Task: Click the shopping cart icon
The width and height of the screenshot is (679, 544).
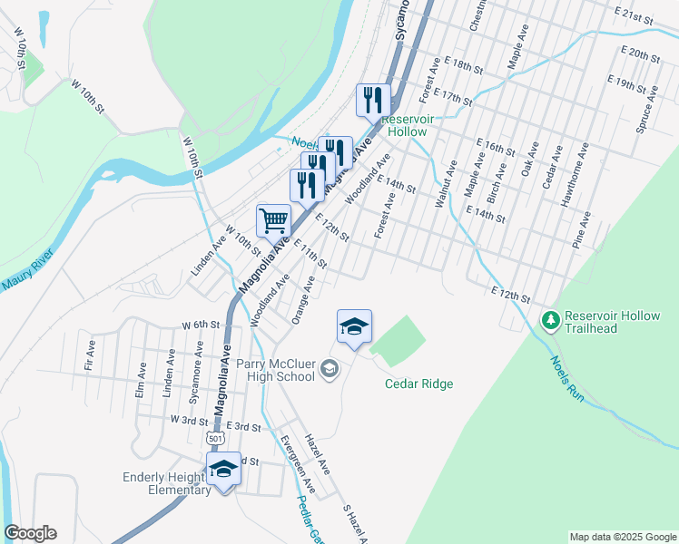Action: [x=273, y=219]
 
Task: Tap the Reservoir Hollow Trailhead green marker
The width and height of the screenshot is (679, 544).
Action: [x=549, y=320]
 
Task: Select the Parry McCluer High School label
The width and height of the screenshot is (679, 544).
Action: [x=275, y=370]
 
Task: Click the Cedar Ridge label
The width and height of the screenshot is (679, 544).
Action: [x=418, y=384]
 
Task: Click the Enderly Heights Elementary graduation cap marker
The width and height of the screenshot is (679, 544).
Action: [x=222, y=468]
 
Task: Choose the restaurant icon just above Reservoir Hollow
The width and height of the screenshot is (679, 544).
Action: [x=372, y=100]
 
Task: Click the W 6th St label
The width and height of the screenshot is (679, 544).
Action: [x=201, y=325]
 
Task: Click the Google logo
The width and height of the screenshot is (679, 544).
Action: [x=30, y=533]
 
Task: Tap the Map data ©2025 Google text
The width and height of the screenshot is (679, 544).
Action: [x=623, y=537]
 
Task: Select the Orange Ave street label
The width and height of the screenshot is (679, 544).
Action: [x=302, y=300]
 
